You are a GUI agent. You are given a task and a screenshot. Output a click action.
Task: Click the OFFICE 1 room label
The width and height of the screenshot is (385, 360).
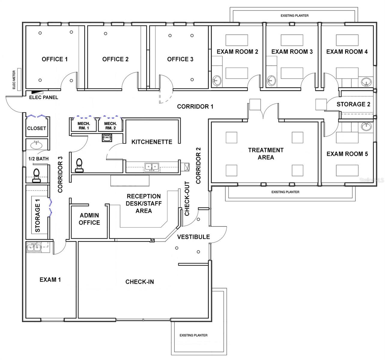55,59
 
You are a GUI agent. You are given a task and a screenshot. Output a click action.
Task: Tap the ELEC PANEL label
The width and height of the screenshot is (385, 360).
44,97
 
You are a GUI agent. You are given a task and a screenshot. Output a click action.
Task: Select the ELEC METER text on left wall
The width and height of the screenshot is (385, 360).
14,80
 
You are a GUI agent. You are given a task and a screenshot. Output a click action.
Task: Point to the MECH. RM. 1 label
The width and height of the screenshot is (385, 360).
83,126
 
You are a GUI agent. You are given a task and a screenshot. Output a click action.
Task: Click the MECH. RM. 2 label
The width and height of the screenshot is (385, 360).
110,126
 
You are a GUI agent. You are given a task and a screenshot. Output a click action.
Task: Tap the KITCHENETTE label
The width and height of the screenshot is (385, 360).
152,142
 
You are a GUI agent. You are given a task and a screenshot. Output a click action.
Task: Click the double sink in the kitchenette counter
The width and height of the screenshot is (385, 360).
152,166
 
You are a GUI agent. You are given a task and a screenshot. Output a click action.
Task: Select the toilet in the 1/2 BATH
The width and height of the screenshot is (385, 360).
36,175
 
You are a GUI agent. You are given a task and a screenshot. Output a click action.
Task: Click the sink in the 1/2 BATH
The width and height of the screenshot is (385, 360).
37,145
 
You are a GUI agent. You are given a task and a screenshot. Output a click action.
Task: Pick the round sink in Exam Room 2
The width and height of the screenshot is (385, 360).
217,80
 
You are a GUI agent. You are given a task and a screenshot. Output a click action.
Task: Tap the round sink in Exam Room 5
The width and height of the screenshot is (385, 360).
366,126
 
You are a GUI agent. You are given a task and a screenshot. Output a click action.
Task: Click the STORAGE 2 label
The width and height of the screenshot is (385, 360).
353,104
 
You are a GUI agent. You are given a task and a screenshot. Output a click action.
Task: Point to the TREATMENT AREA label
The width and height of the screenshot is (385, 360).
265,154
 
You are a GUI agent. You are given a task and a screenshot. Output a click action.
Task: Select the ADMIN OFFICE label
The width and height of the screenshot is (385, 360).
89,219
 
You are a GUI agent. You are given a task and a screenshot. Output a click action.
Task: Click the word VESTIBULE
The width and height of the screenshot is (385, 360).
193,237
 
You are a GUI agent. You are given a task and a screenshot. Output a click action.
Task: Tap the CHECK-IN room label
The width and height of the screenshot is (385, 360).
140,282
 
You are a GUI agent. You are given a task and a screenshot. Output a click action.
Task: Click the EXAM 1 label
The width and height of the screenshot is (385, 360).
50,280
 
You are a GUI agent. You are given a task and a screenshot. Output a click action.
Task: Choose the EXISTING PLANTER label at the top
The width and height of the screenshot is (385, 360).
294,16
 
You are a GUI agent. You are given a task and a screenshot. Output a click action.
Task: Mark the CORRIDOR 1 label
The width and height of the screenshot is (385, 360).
195,106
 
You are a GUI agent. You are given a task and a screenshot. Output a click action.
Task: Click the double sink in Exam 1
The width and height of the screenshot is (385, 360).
34,247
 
